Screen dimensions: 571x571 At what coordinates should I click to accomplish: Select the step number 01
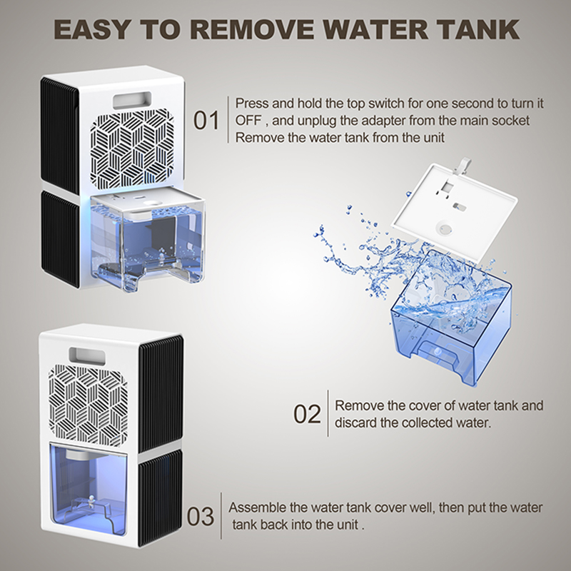[206, 120]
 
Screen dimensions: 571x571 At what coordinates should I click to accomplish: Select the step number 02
[307, 414]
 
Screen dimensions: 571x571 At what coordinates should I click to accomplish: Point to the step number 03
[201, 516]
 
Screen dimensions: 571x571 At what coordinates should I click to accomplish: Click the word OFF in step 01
[248, 121]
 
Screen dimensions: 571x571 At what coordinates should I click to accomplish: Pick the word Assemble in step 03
[257, 507]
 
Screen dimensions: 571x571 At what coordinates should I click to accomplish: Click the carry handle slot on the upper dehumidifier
[132, 100]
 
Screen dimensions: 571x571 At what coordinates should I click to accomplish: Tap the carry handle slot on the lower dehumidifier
[87, 355]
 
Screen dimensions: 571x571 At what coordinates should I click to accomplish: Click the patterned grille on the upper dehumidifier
[132, 148]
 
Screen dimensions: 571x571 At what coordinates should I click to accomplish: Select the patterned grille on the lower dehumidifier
[89, 405]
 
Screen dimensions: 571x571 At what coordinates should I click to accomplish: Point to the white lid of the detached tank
[454, 211]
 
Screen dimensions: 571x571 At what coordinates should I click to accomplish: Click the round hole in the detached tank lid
[444, 228]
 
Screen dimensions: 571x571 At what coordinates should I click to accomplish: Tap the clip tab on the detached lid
[463, 166]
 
